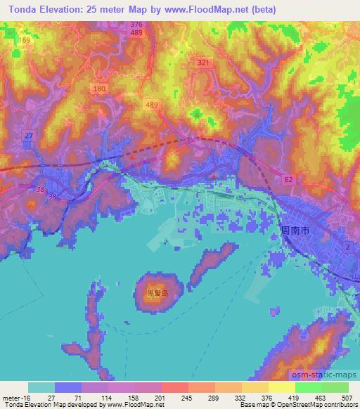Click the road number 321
point(204,63)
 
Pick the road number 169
point(25,41)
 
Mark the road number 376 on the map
point(136,25)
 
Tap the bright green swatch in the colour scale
point(321,387)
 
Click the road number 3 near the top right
point(301,48)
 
